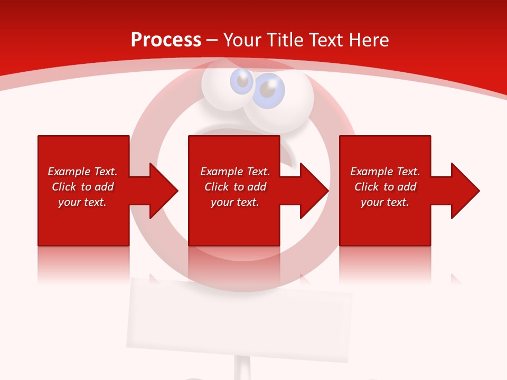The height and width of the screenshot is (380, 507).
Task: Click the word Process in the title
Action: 166,40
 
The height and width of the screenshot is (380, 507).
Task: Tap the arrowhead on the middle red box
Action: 314,191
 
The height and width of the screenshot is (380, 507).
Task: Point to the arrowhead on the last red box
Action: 465,191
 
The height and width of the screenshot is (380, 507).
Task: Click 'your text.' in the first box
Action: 82,202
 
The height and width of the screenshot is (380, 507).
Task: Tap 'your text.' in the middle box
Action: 235,202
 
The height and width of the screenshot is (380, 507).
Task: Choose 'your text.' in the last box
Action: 385,202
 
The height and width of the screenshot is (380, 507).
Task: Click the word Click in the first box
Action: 64,187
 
